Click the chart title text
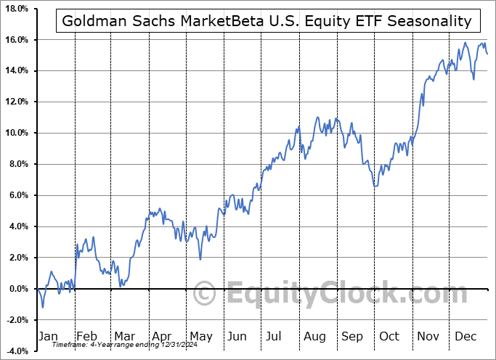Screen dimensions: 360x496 pos(267,22)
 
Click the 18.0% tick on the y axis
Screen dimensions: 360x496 pos(16,9)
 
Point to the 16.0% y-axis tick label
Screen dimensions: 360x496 pos(16,40)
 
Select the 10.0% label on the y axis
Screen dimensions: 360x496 pos(16,134)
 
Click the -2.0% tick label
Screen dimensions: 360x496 pos(16,321)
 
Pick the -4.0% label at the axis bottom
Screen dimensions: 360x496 pos(16,351)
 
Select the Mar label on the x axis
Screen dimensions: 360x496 pos(124,336)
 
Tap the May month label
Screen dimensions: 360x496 pos(201,336)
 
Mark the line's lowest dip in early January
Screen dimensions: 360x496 pos(42,307)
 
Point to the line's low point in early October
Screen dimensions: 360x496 pos(375,187)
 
